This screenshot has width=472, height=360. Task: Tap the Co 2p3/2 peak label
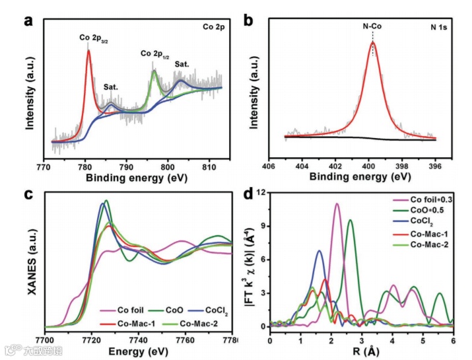(x=94, y=38)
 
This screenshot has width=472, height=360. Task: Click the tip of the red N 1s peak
(x=374, y=42)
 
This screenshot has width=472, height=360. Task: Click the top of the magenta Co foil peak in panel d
(x=337, y=204)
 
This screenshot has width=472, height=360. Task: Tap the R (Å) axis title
(x=361, y=351)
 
